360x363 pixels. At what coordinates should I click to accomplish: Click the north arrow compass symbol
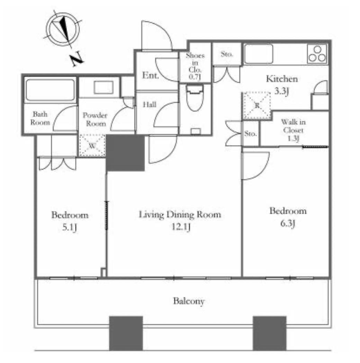(62, 30)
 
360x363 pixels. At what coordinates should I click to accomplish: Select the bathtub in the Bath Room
(50, 90)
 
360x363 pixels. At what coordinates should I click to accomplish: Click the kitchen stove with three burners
(317, 54)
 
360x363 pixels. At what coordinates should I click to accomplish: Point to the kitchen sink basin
(259, 54)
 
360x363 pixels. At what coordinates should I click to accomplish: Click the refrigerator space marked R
(256, 106)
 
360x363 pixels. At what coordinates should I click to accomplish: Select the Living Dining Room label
(180, 215)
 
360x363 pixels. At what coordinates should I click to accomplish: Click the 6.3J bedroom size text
(288, 224)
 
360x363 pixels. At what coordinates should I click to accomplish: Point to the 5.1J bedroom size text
(70, 228)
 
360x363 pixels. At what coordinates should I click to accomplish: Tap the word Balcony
(189, 301)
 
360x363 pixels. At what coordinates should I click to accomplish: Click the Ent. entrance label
(150, 75)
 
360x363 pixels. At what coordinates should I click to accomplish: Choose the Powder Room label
(95, 119)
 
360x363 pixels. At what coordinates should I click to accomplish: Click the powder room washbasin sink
(103, 87)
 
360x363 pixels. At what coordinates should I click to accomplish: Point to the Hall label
(150, 105)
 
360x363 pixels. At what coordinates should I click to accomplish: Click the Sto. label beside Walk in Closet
(251, 134)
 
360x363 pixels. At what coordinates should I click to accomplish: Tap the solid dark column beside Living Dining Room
(125, 153)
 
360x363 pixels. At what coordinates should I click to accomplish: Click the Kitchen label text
(282, 79)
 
